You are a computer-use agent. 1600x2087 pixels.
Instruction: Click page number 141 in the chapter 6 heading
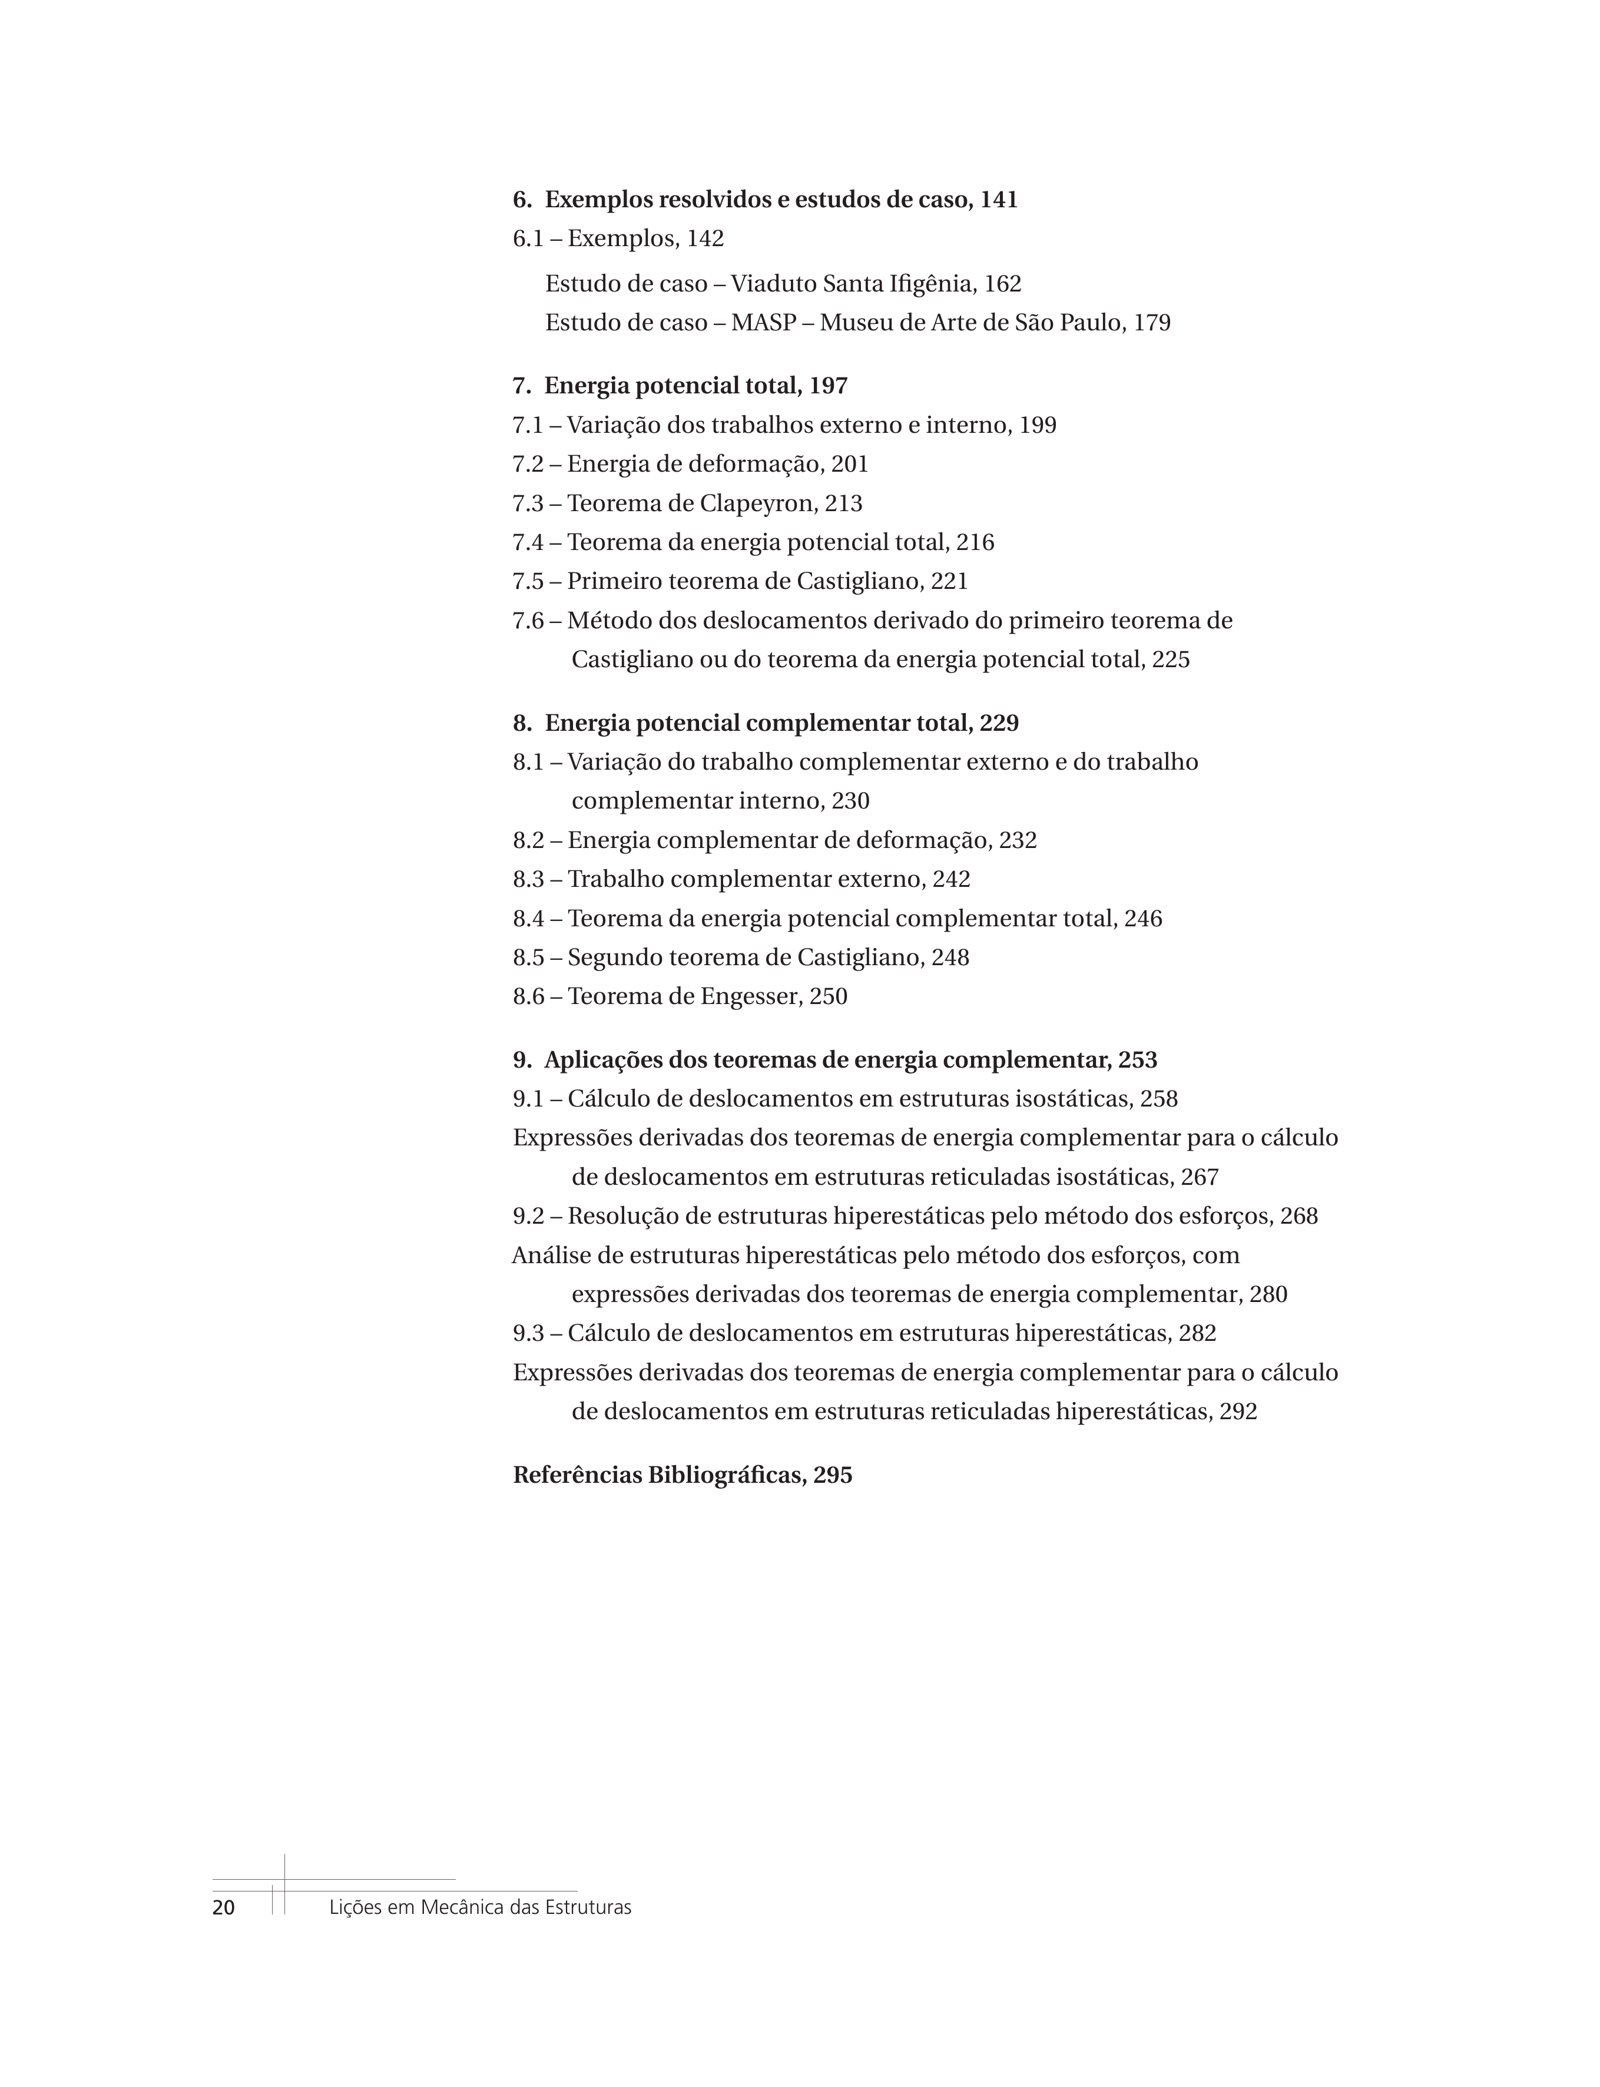coord(998,200)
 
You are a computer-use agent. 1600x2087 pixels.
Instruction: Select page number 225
coord(1171,659)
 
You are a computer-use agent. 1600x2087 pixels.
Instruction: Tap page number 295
coord(832,1475)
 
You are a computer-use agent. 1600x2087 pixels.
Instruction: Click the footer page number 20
coord(223,1907)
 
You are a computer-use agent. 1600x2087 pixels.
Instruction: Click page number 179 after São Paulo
coord(1151,323)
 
